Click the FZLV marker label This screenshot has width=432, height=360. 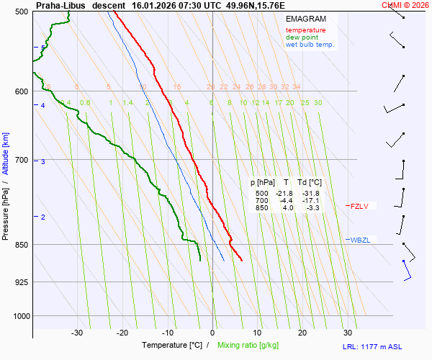click(359, 206)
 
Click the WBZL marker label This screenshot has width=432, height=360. click(360, 240)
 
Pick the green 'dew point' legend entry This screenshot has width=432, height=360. click(302, 37)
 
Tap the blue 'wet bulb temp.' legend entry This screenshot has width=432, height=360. click(310, 45)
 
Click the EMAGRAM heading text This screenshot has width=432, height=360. click(305, 19)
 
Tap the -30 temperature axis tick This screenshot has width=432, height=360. click(77, 333)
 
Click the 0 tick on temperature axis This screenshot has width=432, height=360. click(212, 333)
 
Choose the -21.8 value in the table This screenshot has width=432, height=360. click(284, 194)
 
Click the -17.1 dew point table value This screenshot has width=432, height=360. click(310, 201)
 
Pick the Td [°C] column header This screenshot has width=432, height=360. click(308, 183)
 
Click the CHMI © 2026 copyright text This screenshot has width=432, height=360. click(405, 5)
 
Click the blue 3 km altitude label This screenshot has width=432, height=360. click(43, 162)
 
